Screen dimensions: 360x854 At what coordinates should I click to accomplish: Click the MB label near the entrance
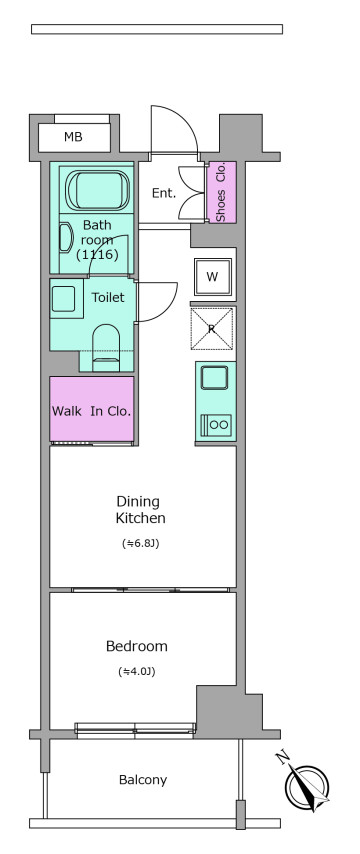73,137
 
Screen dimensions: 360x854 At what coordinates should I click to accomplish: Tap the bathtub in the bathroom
97,190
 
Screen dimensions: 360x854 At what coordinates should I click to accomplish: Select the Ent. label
163,193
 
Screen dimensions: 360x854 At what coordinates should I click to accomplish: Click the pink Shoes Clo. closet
221,192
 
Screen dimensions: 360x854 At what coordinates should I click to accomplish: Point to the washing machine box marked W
213,277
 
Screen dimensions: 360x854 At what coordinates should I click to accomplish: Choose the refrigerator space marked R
212,329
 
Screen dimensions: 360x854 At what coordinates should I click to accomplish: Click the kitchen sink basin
214,377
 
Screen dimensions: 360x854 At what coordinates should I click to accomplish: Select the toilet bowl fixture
106,349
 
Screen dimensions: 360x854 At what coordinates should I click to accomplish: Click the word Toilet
108,297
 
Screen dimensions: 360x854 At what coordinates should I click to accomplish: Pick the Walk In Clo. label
91,411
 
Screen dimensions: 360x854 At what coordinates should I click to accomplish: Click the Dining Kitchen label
141,509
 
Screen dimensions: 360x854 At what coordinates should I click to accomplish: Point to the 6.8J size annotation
141,543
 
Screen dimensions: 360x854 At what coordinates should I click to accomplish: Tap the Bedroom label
137,646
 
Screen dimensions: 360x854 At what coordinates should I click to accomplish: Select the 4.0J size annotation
137,672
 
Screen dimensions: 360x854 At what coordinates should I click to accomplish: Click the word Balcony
143,780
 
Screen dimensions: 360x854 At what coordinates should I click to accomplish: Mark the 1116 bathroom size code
97,254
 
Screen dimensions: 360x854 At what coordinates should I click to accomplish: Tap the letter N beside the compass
282,758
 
